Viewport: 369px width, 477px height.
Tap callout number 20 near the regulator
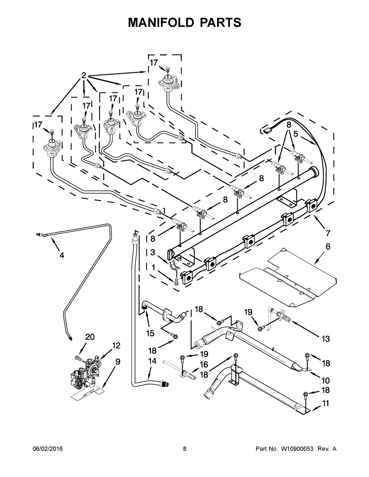tap(90, 337)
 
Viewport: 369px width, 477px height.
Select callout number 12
tap(116, 345)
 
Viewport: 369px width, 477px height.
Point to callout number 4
tap(62, 255)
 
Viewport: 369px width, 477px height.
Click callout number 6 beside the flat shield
tap(328, 246)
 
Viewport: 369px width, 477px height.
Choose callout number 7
tap(328, 233)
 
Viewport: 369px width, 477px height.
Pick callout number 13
tap(325, 338)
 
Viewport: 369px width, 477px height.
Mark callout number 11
tap(325, 403)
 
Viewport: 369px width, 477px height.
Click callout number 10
tap(325, 380)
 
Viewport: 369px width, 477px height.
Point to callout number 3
tap(152, 252)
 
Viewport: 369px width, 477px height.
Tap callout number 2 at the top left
tap(84, 76)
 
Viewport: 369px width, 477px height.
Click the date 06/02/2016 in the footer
tap(48, 449)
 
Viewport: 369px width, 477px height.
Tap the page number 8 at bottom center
tap(184, 449)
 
